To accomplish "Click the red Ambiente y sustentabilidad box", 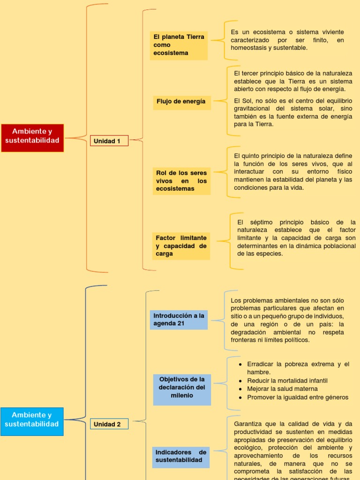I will [x=32, y=138].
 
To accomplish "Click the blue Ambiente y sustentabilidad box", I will [x=32, y=421].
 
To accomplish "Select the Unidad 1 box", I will [x=109, y=141].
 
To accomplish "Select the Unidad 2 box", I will [x=109, y=424].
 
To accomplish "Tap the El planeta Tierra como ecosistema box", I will [x=179, y=45].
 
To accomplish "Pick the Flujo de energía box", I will [x=181, y=101].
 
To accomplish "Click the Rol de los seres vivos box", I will [x=181, y=181].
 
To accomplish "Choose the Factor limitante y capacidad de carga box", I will [x=181, y=246].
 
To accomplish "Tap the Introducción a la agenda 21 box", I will [x=179, y=320].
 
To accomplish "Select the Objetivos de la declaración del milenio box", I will [x=182, y=387].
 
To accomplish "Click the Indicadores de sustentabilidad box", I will [x=181, y=456].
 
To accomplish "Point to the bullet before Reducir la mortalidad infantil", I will [x=240, y=381].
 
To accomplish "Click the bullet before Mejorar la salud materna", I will [x=240, y=389].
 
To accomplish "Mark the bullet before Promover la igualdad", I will [x=240, y=397].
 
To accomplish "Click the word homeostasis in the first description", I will [x=248, y=48].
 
